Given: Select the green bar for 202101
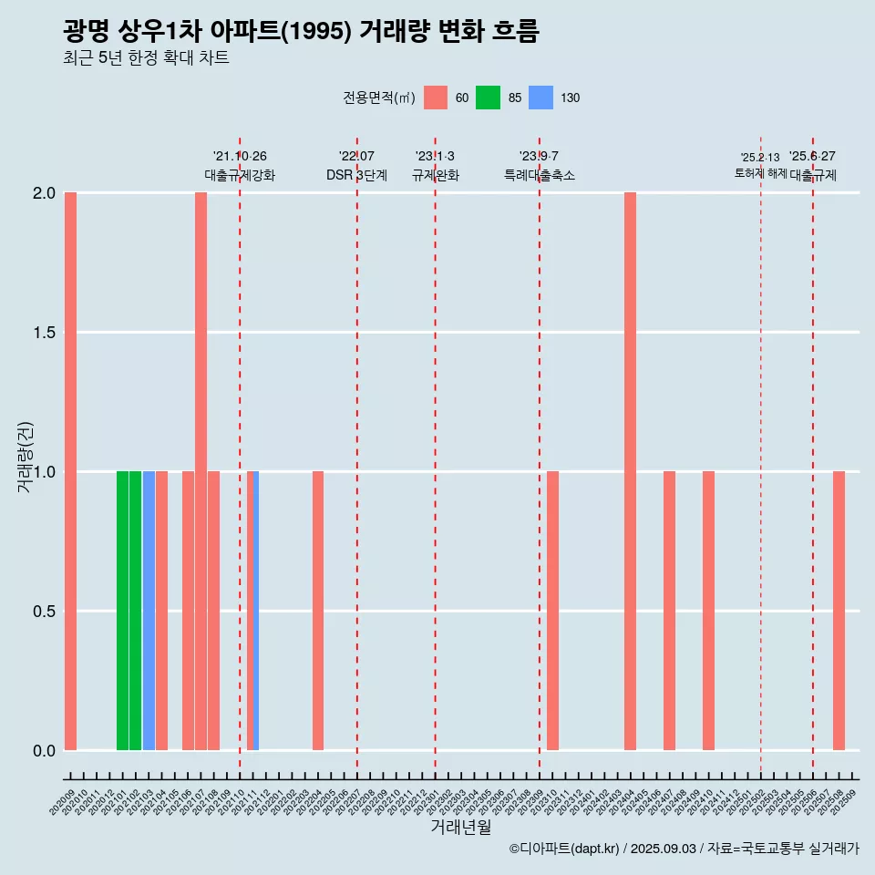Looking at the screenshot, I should [122, 611].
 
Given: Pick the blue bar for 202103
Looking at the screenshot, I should [149, 611].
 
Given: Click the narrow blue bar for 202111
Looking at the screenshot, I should [256, 611].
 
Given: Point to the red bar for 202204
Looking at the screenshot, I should [318, 611].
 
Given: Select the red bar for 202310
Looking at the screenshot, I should [552, 611].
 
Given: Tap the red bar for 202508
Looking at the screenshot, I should [839, 611].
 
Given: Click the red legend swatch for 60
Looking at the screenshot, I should [436, 98].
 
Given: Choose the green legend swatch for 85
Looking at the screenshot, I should [489, 98].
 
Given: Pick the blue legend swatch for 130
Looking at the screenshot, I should [541, 98].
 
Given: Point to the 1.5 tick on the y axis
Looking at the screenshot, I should [44, 333].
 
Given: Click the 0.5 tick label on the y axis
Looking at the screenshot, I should [44, 612].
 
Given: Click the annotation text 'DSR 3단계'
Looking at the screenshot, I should [356, 175].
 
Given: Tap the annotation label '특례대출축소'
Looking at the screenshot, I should [540, 175].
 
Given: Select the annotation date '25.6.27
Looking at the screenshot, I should [812, 157].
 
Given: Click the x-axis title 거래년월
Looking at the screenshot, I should [460, 827].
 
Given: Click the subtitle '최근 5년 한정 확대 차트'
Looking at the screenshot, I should [146, 58].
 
